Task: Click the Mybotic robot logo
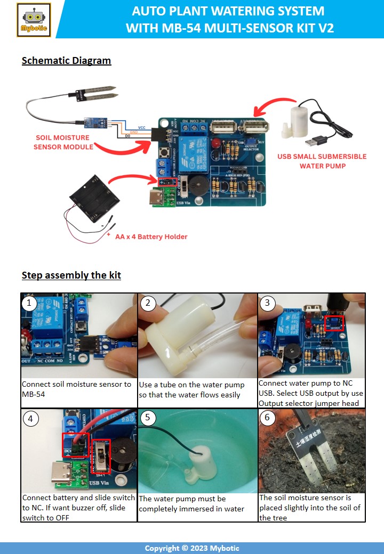[x=34, y=20]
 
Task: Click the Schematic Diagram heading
[x=66, y=60]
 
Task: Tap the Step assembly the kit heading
[x=71, y=275]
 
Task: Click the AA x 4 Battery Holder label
[x=151, y=237]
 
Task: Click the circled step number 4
[x=31, y=419]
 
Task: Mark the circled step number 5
[x=148, y=419]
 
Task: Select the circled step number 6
[x=267, y=419]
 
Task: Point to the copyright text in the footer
[x=191, y=548]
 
